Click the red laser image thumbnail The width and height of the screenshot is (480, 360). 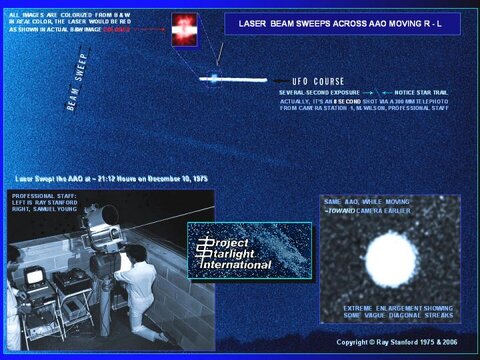pyautogui.click(x=186, y=31)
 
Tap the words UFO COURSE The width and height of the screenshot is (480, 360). pyautogui.click(x=318, y=81)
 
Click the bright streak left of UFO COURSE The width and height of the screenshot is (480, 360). pyautogui.click(x=228, y=78)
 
